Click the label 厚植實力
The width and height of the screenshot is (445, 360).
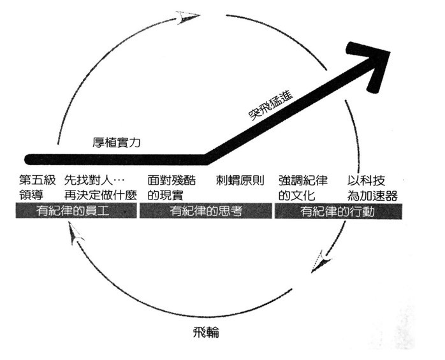[116, 143]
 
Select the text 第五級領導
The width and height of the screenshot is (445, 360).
[35, 187]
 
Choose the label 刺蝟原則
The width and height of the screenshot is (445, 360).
[240, 180]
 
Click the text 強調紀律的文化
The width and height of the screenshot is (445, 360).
[303, 187]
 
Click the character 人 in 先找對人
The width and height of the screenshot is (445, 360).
[113, 180]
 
